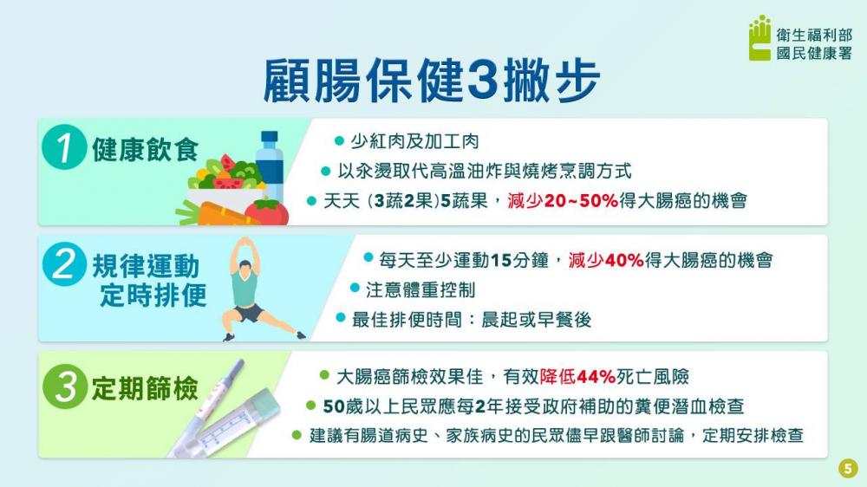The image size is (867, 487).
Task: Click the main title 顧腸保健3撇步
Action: click(431, 81)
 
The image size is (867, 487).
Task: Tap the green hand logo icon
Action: click(759, 37)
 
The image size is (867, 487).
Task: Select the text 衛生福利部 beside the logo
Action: click(814, 35)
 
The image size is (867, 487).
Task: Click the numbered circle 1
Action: click(63, 147)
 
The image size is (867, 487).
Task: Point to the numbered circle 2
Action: click(64, 264)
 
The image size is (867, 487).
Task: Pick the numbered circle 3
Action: click(65, 386)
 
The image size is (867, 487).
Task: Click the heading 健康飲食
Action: click(145, 149)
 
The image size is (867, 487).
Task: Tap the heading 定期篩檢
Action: click(145, 388)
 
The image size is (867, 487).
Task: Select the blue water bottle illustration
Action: click(270, 166)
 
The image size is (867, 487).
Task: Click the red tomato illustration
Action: click(266, 213)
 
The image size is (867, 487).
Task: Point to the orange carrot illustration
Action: click(218, 215)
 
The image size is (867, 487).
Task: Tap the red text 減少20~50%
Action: click(563, 200)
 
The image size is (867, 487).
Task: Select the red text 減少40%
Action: click(605, 260)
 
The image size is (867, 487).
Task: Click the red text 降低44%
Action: click(577, 377)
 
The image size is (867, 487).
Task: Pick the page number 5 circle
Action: click(848, 468)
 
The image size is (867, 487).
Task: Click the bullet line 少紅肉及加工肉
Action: click(407, 141)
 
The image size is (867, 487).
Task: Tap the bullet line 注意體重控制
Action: click(413, 289)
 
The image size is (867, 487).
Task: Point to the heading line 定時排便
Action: click(153, 295)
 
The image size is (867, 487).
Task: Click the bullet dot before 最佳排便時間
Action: click(341, 318)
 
